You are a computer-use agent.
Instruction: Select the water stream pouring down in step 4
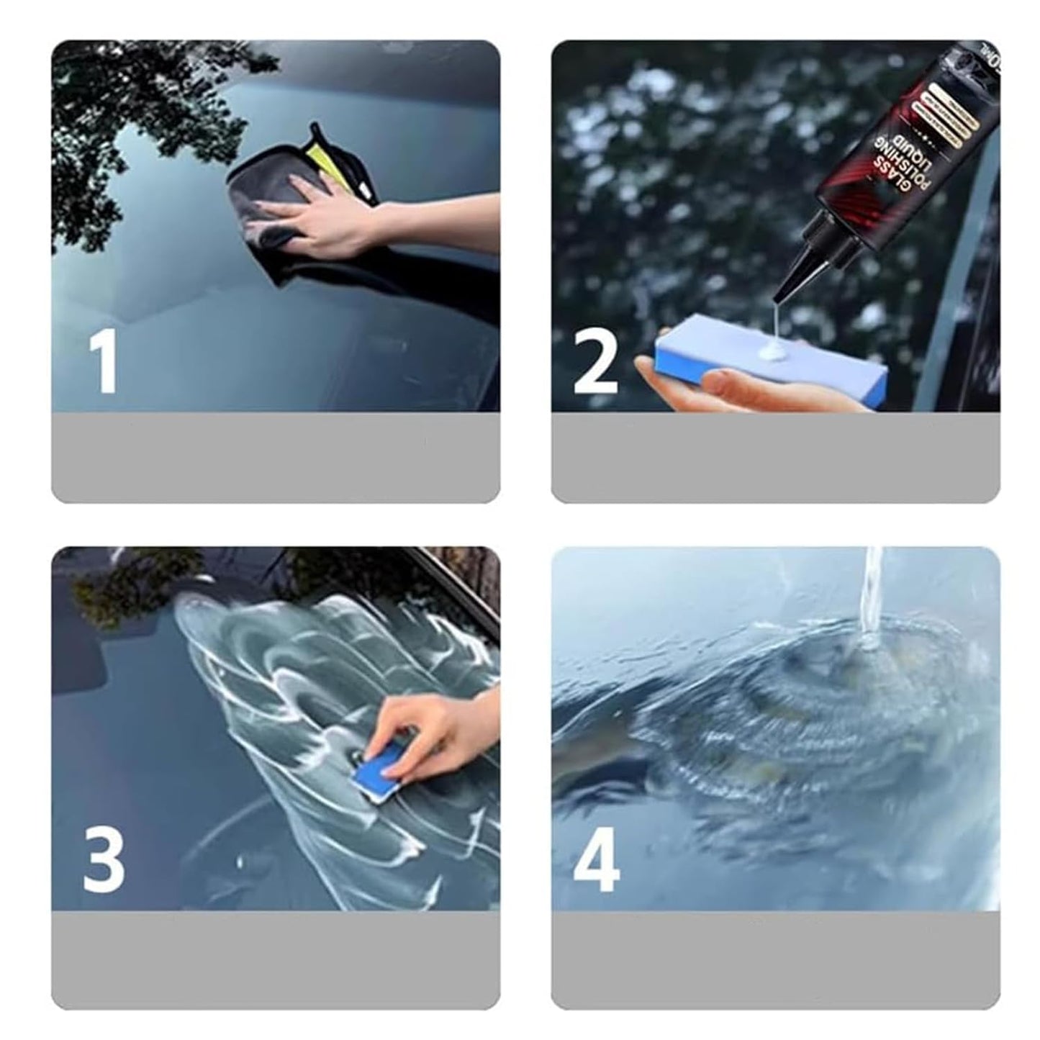tap(872, 590)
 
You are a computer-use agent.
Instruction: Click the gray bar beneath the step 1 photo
tap(276, 457)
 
